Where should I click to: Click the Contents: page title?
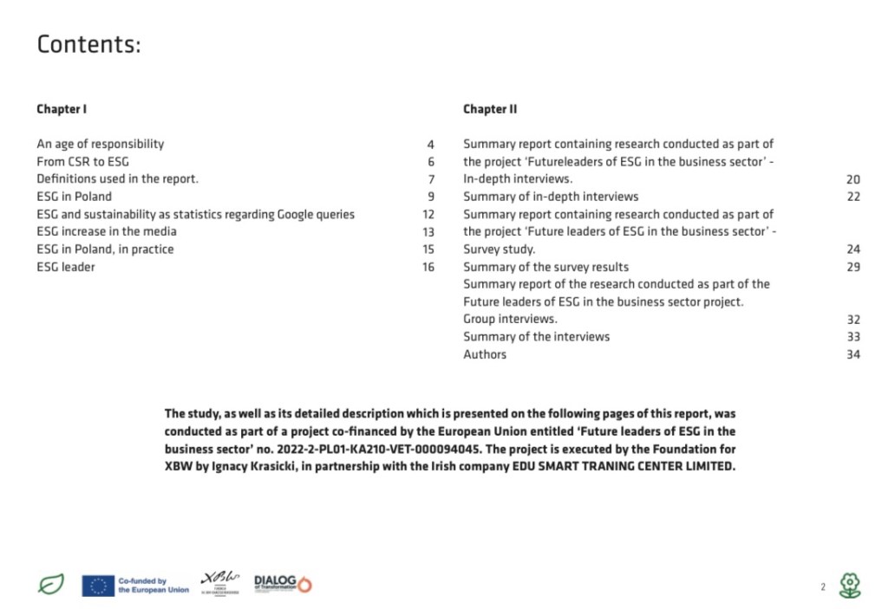tap(88, 44)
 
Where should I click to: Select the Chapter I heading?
tap(62, 109)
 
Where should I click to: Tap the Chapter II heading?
tap(490, 109)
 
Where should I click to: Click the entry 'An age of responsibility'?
tap(100, 144)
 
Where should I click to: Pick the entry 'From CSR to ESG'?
tap(82, 161)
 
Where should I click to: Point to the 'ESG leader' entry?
tap(66, 267)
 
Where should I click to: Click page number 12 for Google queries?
tap(428, 214)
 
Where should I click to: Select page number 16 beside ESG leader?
tap(428, 267)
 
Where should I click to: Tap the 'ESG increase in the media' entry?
tap(106, 231)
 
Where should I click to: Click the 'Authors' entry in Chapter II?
tap(485, 354)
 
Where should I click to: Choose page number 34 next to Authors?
tap(853, 354)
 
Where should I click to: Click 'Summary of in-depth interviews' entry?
tap(551, 197)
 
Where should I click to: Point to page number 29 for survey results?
tap(853, 267)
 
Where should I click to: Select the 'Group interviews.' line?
tap(510, 319)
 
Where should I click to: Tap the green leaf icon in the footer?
tap(51, 585)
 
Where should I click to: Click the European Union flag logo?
tap(98, 586)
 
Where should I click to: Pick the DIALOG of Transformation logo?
tap(283, 584)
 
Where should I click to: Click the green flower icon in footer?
tap(850, 586)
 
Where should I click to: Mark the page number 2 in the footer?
tap(823, 586)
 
